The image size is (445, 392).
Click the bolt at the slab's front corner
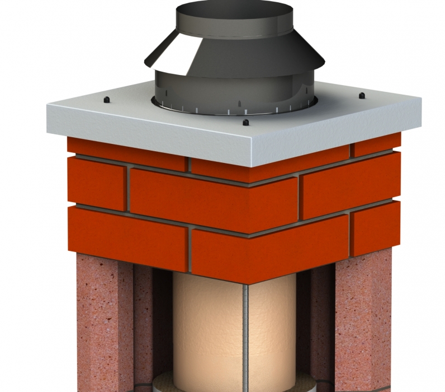tap(245, 122)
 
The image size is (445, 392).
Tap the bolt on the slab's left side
tap(106, 100)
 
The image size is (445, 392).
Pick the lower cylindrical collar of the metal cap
tap(235, 90)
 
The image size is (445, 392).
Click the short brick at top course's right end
tap(377, 146)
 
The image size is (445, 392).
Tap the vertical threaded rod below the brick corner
tap(245, 336)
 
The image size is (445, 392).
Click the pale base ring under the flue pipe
tap(224, 386)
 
